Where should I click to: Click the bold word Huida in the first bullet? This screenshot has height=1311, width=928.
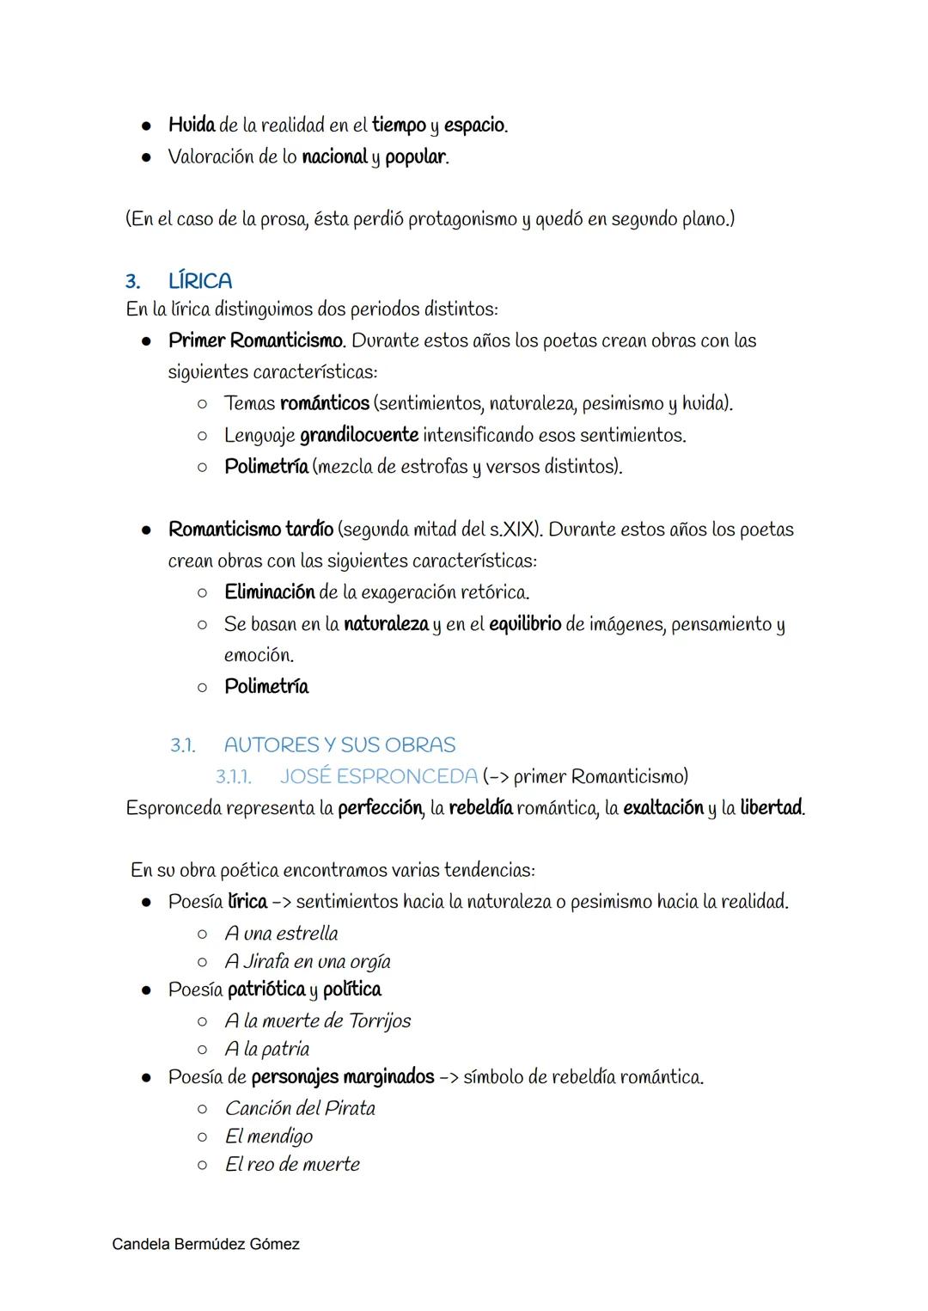192,126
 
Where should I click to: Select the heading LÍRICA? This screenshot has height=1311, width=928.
200,281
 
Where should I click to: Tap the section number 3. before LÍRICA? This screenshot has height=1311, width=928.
132,281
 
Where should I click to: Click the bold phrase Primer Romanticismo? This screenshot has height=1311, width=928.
256,340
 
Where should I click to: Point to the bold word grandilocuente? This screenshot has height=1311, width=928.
358,435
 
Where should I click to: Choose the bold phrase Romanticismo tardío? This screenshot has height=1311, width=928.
252,530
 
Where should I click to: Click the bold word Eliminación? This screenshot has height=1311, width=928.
269,592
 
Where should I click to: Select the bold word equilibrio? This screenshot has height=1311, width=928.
524,624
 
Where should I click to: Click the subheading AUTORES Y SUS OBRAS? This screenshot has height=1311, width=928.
339,744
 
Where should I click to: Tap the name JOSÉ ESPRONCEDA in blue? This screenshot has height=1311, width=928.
378,776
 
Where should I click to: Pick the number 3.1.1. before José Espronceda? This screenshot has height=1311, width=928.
233,777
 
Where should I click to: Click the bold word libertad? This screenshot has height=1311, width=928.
771,808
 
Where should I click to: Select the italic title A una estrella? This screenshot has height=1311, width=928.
281,934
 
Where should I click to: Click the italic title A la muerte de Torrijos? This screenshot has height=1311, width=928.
317,1021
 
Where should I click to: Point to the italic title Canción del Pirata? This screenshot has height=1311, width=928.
300,1108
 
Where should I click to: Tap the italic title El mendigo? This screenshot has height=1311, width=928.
268,1136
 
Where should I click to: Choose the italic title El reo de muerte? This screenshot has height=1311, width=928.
292,1165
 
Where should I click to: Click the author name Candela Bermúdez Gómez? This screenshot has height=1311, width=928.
205,1244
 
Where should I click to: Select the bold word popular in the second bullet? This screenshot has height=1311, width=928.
415,157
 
